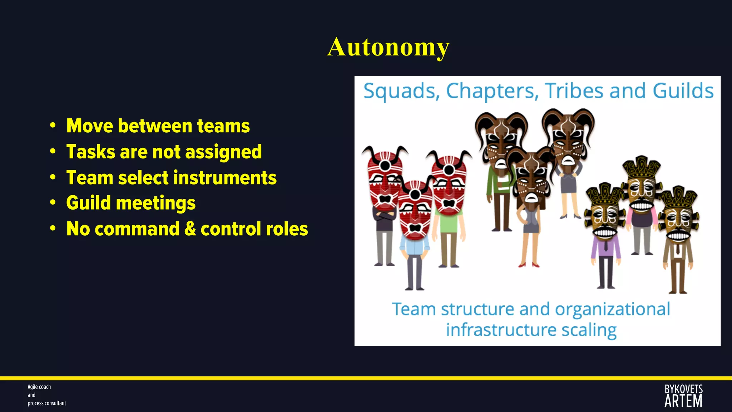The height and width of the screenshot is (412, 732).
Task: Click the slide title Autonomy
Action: [x=388, y=47]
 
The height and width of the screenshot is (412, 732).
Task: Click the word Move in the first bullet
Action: [x=90, y=126]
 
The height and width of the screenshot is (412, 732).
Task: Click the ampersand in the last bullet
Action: [x=190, y=229]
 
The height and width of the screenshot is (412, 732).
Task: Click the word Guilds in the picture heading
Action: [x=683, y=91]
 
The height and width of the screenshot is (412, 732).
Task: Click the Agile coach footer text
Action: [x=39, y=387]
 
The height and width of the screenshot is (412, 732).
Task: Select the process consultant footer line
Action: [x=47, y=403]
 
